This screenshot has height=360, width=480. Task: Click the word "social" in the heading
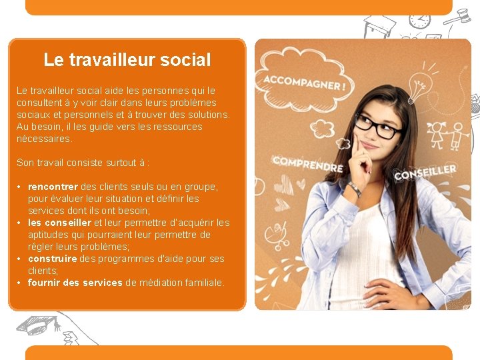point(182,60)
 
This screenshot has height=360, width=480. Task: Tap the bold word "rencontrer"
point(53,187)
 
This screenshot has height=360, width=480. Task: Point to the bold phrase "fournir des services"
point(75,283)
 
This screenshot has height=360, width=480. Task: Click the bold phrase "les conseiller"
point(59,223)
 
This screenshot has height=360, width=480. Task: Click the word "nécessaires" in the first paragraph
point(43,139)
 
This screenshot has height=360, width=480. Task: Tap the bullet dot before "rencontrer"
point(21,187)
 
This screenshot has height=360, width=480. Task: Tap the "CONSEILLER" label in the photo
point(425,172)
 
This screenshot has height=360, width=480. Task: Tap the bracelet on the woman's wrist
point(355,189)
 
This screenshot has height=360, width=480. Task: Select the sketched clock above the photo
point(419,19)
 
